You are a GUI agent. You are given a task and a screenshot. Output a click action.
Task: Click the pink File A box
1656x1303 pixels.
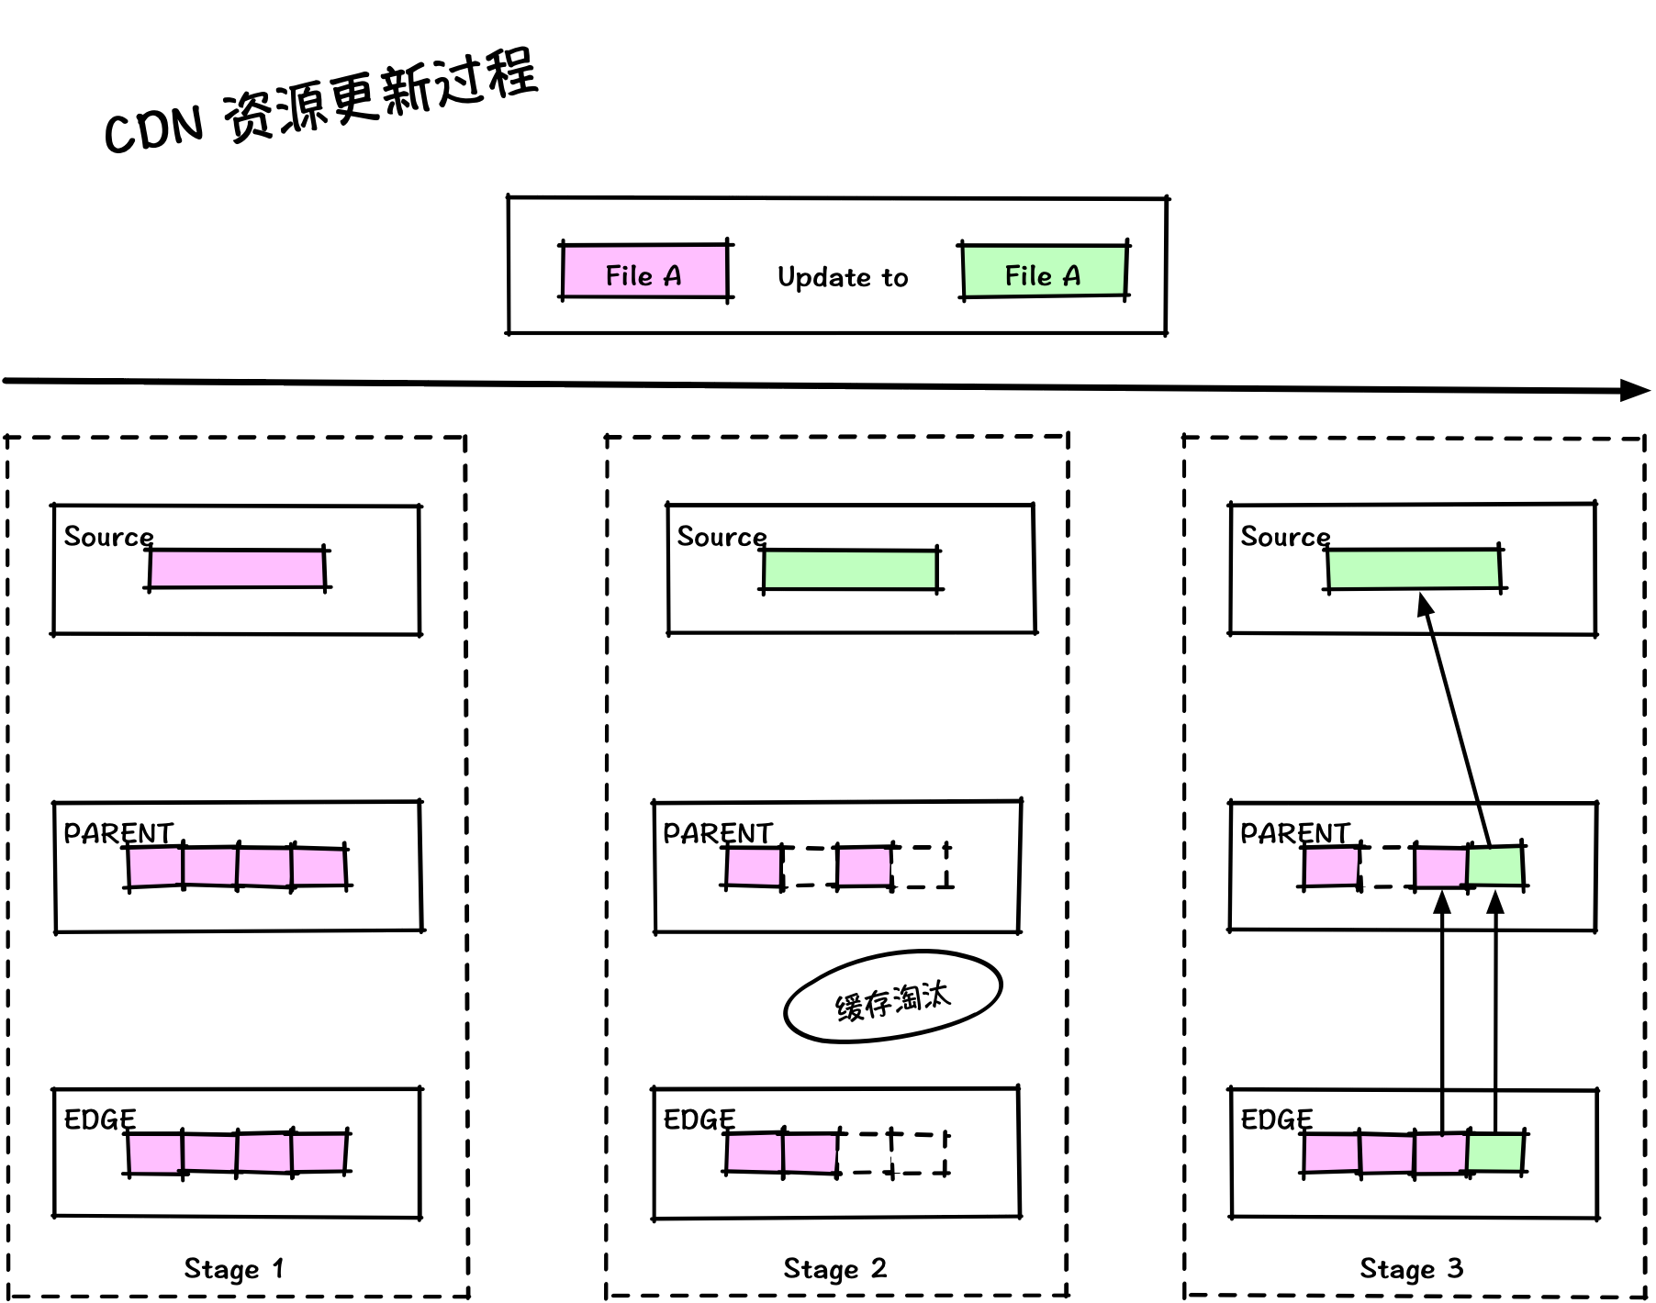[x=644, y=272]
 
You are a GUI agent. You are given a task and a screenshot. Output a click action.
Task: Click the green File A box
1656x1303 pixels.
[x=1044, y=272]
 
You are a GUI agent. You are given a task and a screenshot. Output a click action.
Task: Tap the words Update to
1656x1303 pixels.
[x=843, y=277]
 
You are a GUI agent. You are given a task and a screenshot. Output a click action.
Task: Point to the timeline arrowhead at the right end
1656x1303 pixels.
[x=1635, y=390]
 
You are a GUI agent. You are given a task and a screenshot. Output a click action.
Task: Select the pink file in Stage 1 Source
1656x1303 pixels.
[x=237, y=569]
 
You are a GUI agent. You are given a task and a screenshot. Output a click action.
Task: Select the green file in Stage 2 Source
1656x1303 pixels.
[x=851, y=570]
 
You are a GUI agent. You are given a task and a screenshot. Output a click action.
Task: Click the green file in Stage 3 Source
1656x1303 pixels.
[x=1414, y=569]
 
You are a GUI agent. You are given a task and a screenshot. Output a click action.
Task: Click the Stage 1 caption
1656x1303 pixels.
[x=234, y=1268]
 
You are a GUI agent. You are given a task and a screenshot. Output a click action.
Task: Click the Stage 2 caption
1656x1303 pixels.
[x=834, y=1268]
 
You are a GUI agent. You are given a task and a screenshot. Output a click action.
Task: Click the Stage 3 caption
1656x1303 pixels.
[x=1411, y=1268]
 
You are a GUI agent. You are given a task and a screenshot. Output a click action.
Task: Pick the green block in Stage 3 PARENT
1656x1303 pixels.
[x=1495, y=866]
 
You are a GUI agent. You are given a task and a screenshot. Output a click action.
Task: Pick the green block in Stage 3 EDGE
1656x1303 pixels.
[x=1495, y=1153]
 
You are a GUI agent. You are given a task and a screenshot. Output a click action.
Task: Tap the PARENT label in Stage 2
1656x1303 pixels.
[x=718, y=832]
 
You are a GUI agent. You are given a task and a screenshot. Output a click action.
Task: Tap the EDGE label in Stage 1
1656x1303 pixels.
[x=100, y=1119]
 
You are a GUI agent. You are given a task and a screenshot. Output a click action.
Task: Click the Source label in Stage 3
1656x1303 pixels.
[x=1285, y=537]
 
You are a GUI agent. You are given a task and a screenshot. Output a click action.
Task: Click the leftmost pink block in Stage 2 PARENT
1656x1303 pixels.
[x=754, y=866]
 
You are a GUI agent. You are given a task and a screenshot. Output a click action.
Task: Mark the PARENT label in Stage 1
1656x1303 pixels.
[x=118, y=832]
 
